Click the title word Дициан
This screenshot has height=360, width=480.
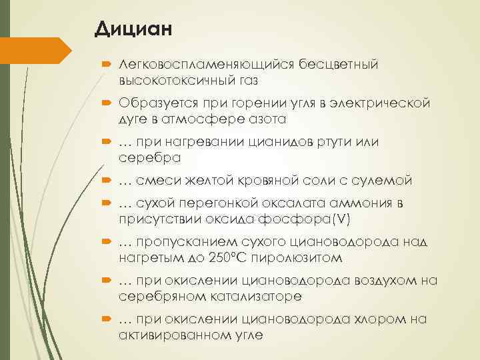[133, 29]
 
